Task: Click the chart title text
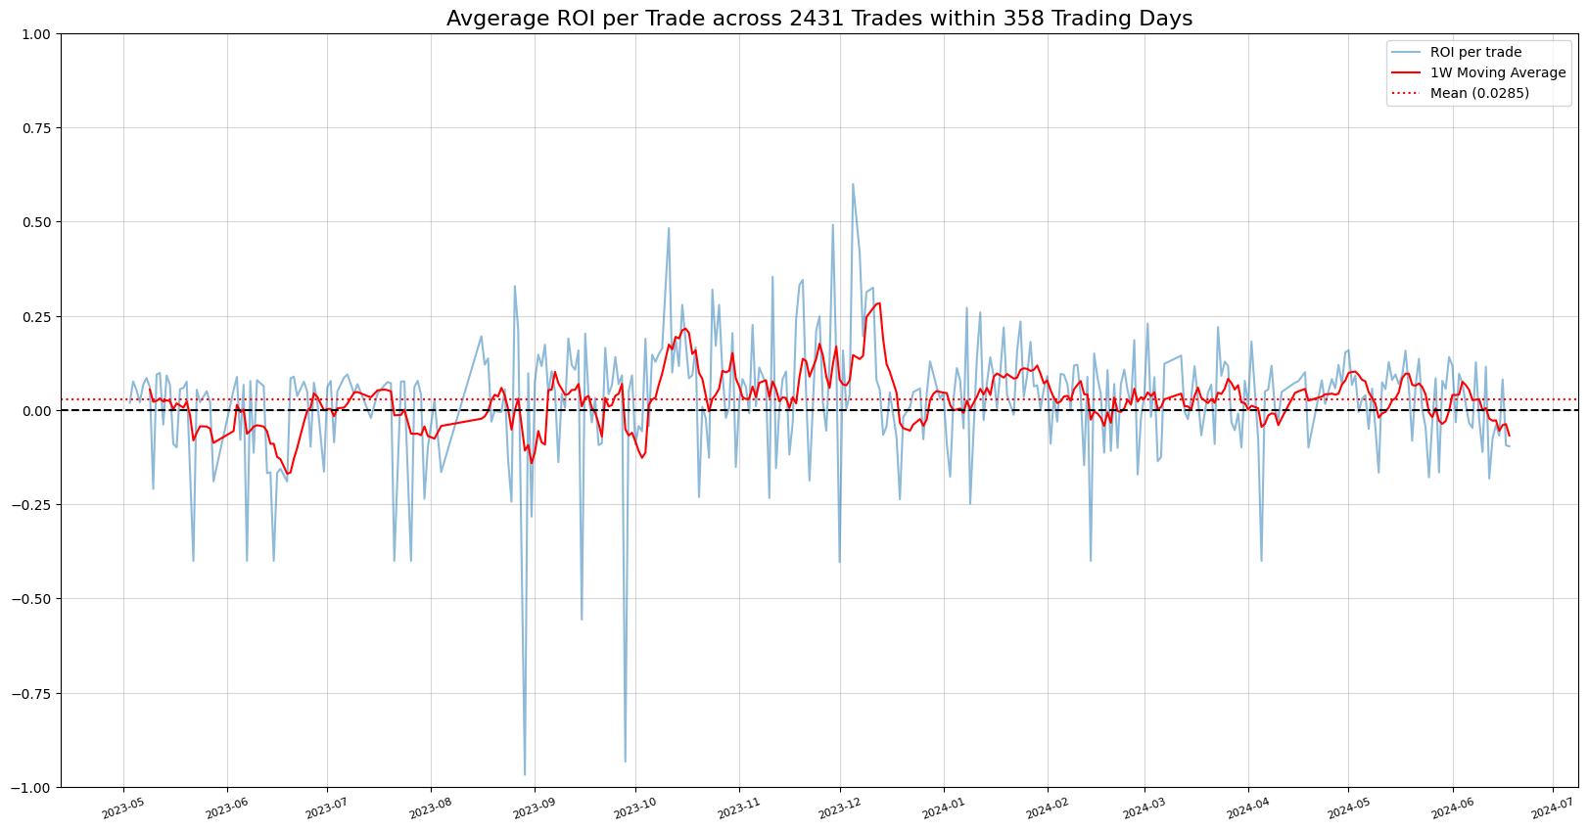pos(818,19)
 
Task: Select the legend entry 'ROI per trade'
pos(1475,52)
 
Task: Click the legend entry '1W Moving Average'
pos(1497,72)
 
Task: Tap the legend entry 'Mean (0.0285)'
pos(1479,93)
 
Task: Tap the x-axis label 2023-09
pos(535,808)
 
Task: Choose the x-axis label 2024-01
pos(944,808)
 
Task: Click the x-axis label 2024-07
pos(1552,808)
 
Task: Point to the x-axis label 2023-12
pos(840,808)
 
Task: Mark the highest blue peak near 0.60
pos(852,184)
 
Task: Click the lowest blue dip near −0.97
pos(524,774)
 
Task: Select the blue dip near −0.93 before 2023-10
pos(625,761)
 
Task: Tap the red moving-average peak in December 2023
pos(878,303)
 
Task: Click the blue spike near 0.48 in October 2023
pos(669,228)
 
